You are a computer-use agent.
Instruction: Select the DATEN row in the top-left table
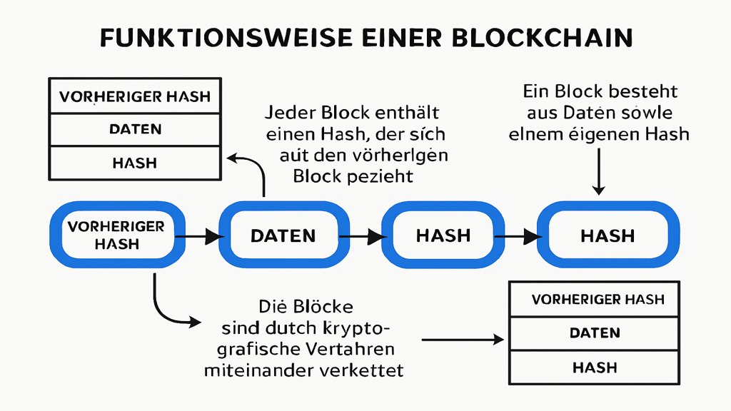point(135,129)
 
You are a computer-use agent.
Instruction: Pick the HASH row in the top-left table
point(135,163)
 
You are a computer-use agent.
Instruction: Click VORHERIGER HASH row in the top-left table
point(135,96)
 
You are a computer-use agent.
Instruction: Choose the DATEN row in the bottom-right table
point(594,333)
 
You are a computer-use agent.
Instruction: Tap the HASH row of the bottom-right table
point(594,367)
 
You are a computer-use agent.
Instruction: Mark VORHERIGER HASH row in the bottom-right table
point(594,299)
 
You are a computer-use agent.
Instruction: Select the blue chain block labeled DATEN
point(283,235)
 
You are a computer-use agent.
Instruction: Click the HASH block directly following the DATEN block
point(443,235)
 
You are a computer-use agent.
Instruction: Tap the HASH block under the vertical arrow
point(608,235)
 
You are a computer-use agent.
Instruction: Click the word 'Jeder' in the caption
point(289,113)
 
